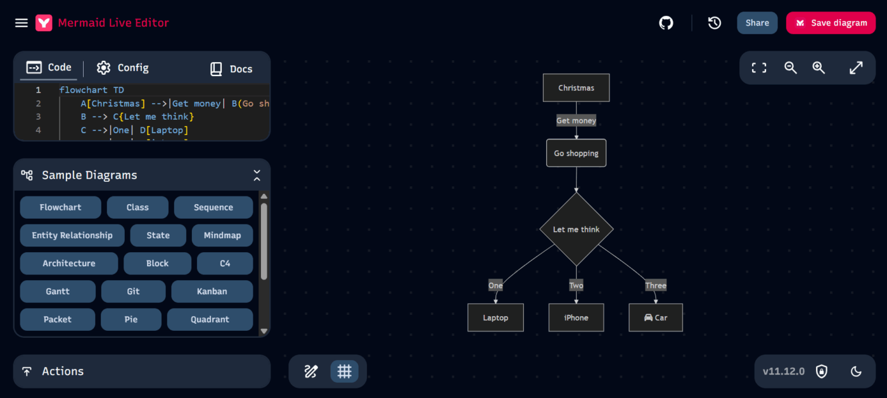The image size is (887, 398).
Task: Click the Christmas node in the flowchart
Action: point(576,88)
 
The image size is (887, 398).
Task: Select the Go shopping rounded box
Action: point(576,153)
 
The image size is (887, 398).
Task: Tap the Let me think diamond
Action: point(576,229)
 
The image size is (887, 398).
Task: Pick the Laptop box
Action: point(495,318)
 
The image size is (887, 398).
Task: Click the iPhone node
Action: point(576,318)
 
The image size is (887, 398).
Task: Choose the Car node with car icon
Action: point(656,318)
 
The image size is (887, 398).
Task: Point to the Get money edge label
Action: point(576,120)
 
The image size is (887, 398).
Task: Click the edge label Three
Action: point(656,286)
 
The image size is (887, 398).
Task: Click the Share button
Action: point(757,23)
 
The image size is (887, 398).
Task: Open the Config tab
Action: point(123,68)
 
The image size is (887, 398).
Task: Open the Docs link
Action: point(231,68)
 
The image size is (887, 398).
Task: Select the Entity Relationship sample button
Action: point(72,235)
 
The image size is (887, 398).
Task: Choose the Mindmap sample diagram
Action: point(222,235)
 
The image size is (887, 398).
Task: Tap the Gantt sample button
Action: point(58,292)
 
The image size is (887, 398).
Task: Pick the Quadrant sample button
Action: point(210,319)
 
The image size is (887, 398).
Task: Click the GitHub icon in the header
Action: point(666,23)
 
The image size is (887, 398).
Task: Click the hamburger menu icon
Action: point(22,23)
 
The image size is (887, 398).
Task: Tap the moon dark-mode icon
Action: point(856,371)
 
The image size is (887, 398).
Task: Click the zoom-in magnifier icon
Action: point(819,68)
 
